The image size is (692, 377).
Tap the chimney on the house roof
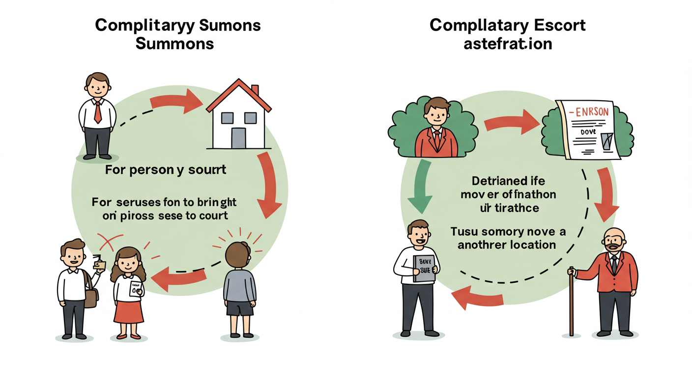255,91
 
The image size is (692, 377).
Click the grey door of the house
238,138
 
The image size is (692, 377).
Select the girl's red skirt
129,312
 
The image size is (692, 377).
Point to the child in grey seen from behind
239,285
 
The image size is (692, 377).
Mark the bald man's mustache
612,247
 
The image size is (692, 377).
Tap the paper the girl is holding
136,291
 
